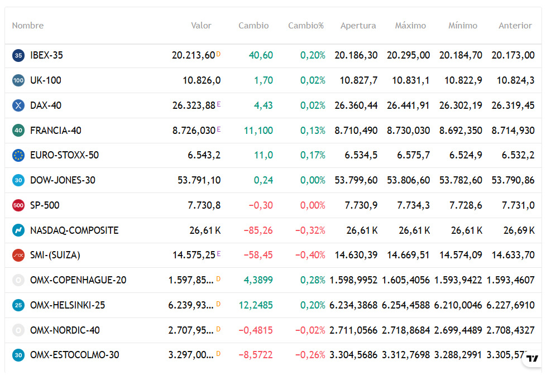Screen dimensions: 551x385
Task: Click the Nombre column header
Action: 28,26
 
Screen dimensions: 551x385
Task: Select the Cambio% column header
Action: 306,26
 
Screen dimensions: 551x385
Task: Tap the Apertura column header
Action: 358,26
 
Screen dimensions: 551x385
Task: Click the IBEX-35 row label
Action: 46,55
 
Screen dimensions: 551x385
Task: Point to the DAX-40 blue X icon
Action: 18,105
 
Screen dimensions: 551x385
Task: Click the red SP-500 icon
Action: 18,205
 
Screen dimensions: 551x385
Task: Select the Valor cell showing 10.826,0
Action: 202,80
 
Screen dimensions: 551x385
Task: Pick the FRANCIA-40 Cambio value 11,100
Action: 258,131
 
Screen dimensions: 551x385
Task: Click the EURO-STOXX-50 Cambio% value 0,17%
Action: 313,155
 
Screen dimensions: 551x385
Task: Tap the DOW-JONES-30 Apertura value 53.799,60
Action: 356,180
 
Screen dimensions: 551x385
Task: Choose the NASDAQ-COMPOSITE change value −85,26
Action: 258,230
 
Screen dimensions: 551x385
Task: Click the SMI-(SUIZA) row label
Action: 55,255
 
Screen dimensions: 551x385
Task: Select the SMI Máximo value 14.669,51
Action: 408,255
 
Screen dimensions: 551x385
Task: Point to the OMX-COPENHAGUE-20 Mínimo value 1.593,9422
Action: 458,280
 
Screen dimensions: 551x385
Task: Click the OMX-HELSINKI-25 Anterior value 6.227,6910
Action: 510,305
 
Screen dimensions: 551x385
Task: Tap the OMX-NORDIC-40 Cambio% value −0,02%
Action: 310,330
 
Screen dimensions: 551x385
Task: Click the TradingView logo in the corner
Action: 533,358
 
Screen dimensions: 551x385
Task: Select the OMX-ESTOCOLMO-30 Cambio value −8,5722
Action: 256,355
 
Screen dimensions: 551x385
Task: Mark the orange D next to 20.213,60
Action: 218,54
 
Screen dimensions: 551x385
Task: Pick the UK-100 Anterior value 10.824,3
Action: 515,80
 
